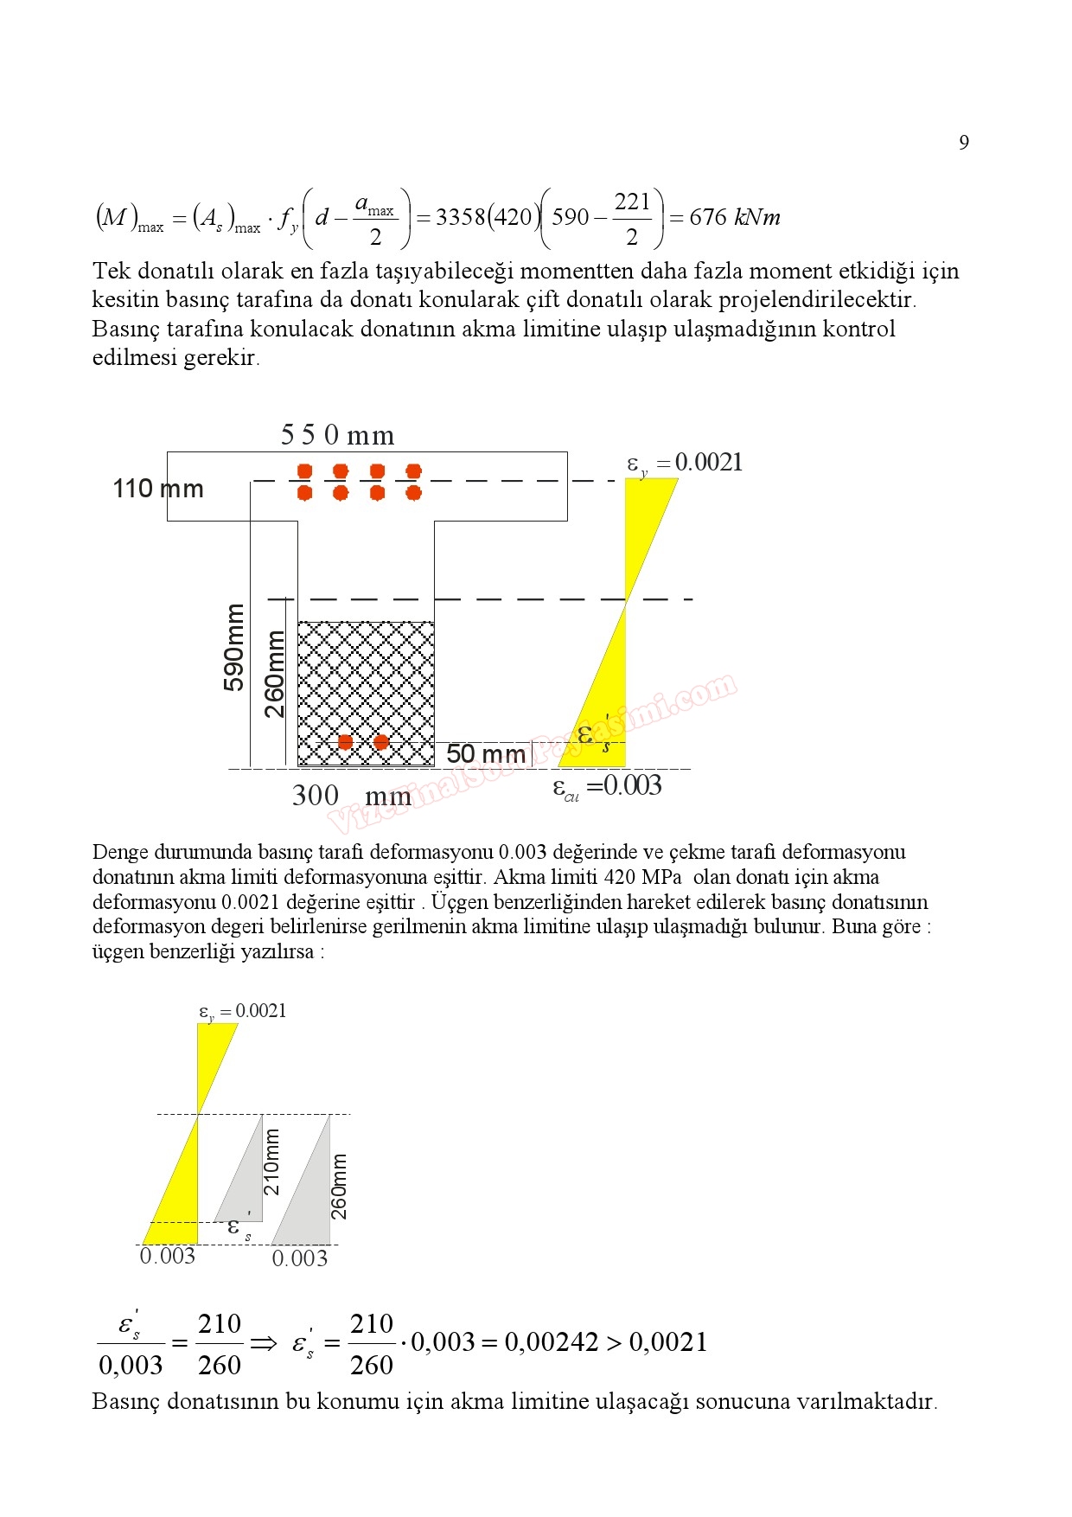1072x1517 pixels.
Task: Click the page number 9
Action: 964,143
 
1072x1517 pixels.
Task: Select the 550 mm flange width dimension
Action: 337,435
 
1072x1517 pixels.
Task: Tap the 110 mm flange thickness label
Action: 158,489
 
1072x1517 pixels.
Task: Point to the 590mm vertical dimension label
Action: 233,647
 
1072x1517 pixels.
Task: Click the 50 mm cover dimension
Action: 485,754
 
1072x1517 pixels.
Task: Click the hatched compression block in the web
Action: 366,683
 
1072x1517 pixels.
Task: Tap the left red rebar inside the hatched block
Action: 345,742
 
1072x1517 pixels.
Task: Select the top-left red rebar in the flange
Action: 304,471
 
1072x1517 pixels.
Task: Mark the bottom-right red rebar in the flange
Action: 413,493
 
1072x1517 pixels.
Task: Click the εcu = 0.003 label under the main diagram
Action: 607,787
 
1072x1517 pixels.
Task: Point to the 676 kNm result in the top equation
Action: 734,217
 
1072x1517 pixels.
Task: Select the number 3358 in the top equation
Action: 461,217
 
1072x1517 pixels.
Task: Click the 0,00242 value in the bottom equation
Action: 551,1342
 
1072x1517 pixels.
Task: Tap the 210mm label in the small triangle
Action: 271,1162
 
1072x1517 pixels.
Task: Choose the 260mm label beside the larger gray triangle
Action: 339,1186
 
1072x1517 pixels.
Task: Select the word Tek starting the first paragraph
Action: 112,272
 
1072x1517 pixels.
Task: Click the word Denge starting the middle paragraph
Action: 120,853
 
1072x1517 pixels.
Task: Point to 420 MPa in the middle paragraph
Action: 642,877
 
